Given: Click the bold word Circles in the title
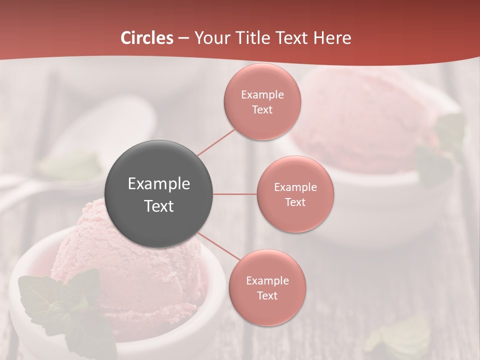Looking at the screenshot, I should (x=147, y=38).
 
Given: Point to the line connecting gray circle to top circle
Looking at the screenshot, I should (x=216, y=142).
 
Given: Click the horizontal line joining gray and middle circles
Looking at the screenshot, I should (x=235, y=194).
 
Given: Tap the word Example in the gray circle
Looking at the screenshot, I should (x=159, y=184).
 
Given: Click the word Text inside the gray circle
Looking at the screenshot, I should (x=159, y=206).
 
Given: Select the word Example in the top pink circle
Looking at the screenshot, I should (x=262, y=95).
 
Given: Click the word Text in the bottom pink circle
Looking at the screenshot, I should (x=267, y=296).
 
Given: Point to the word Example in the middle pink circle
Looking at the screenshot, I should (x=295, y=187).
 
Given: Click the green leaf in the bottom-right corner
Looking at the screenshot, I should (x=400, y=335).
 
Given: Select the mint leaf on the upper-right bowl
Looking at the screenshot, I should (x=440, y=150).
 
